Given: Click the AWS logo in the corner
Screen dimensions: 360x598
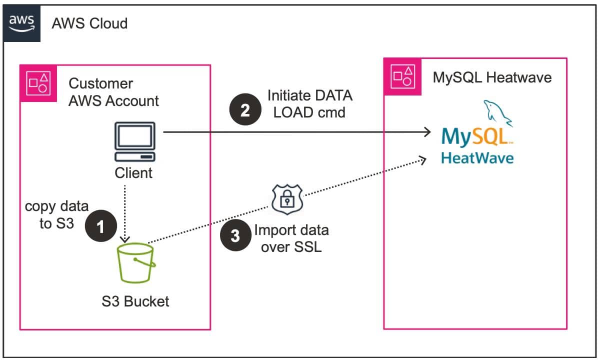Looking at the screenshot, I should [x=21, y=22].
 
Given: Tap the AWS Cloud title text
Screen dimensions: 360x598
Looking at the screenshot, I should [x=89, y=23].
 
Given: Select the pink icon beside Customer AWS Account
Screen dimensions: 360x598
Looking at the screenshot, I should [x=38, y=83].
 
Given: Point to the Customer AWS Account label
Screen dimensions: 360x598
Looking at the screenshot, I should [x=113, y=92].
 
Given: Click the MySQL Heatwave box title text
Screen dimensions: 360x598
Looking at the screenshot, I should [x=492, y=77].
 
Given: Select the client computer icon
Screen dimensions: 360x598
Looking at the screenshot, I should [x=134, y=141].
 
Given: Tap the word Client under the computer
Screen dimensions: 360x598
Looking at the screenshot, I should [x=133, y=173].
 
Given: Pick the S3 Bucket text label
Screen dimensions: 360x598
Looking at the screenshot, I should [x=135, y=301].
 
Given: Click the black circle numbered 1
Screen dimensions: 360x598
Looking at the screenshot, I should [x=101, y=227].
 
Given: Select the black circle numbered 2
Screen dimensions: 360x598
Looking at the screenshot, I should [x=245, y=110].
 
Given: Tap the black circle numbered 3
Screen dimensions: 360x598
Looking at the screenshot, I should [x=235, y=236].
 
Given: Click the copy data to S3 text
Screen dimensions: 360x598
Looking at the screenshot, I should [x=56, y=214].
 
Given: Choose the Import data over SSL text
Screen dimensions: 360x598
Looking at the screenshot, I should [x=291, y=238].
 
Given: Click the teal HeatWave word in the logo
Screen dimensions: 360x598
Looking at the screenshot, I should [x=477, y=158].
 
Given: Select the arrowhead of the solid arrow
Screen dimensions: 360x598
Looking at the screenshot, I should [x=426, y=132].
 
